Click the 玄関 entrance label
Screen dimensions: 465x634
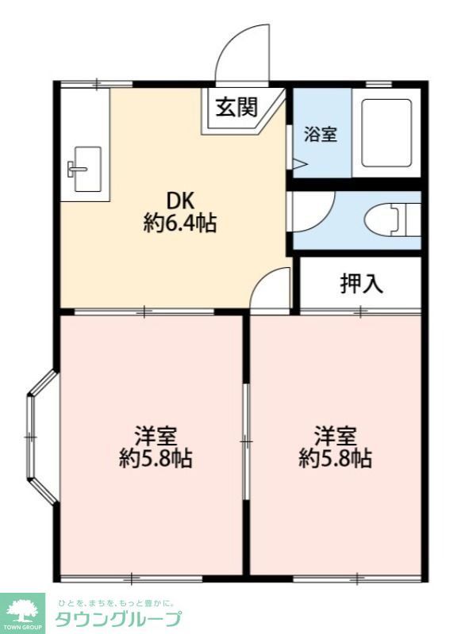click(x=236, y=107)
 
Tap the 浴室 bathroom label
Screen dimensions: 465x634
click(x=321, y=134)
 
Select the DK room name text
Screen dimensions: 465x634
click(x=181, y=200)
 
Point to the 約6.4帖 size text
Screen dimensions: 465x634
click(x=180, y=223)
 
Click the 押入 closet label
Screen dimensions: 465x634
click(x=361, y=283)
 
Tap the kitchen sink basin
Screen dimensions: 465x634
click(x=87, y=169)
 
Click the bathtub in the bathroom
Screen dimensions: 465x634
click(x=386, y=132)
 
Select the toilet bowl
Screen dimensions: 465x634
click(x=382, y=220)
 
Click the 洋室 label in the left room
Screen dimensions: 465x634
click(x=156, y=435)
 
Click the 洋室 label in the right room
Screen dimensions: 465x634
click(x=336, y=435)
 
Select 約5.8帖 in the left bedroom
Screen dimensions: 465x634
click(x=156, y=459)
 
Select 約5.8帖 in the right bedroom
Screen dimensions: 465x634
click(x=336, y=459)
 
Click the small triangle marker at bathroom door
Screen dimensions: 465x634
click(x=300, y=164)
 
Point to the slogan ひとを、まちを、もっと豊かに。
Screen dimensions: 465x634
click(x=116, y=603)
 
